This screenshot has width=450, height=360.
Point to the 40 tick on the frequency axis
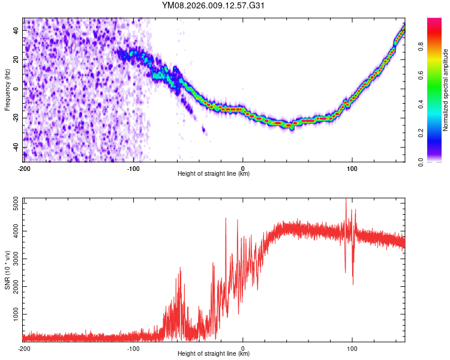(16, 30)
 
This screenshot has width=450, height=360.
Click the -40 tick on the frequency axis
(14, 148)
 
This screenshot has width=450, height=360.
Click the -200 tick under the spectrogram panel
(24, 168)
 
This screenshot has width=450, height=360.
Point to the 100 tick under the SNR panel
(352, 348)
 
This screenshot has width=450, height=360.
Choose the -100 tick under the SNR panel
(133, 348)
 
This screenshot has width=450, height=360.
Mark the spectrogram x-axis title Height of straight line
(214, 174)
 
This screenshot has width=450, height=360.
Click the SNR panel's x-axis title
(214, 354)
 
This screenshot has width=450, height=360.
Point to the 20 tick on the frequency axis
(16, 59)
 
